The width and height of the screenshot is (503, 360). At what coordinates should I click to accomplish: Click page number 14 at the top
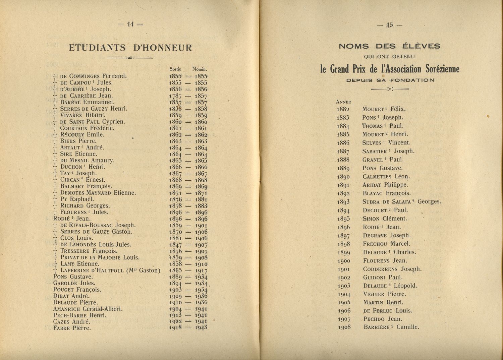(x=130, y=24)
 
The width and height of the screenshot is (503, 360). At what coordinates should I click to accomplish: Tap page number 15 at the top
(x=389, y=24)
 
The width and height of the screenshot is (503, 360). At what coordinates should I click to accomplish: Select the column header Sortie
(x=175, y=69)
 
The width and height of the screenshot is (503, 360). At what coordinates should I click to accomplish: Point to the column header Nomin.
(x=200, y=69)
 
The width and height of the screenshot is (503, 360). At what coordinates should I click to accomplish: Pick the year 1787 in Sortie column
(x=175, y=96)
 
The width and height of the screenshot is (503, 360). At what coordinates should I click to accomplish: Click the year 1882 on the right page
(x=343, y=109)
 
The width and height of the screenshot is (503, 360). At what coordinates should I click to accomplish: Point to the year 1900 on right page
(x=344, y=261)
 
